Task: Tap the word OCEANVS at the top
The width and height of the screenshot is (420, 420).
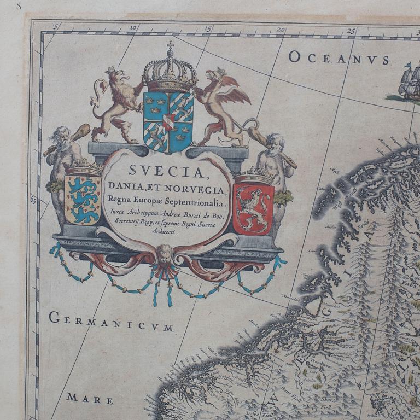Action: pyautogui.click(x=339, y=58)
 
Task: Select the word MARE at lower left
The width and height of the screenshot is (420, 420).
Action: pyautogui.click(x=90, y=398)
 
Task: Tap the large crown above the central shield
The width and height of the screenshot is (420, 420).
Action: pyautogui.click(x=170, y=73)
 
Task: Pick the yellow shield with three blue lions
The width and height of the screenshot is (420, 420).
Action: pyautogui.click(x=83, y=199)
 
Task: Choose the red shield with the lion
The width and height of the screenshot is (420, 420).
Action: pyautogui.click(x=253, y=208)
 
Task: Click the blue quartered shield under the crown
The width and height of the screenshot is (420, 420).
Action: pyautogui.click(x=168, y=121)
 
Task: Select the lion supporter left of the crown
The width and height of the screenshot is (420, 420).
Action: pyautogui.click(x=118, y=104)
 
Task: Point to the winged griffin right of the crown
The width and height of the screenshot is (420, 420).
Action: pyautogui.click(x=224, y=104)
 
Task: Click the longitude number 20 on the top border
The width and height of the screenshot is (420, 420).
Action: pyautogui.click(x=281, y=30)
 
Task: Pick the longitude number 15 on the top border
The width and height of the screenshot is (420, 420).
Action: pyautogui.click(x=207, y=28)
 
